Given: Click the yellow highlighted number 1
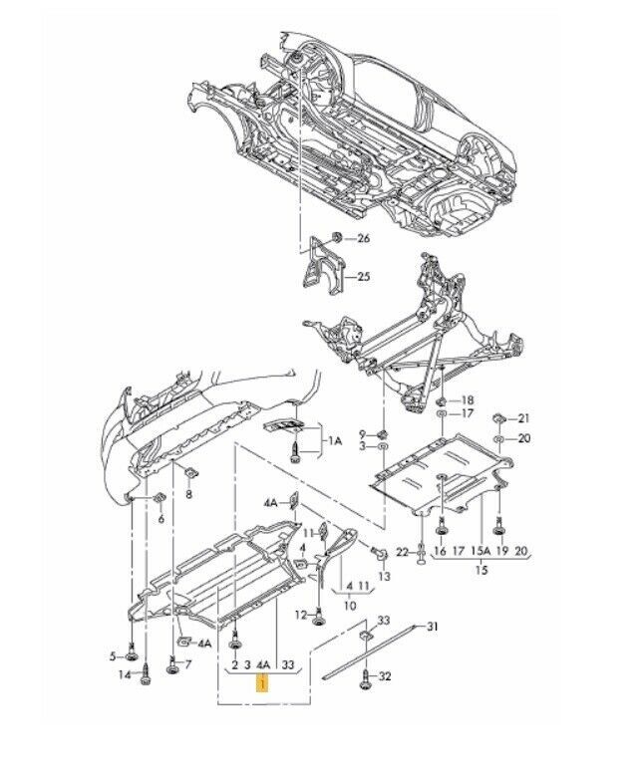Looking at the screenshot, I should point(261,684).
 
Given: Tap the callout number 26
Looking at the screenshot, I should point(363,239).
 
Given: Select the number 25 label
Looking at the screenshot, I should point(363,276).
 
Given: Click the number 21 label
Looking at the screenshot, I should point(524,417).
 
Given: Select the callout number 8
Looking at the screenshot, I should point(188,494).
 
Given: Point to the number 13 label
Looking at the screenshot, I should point(385,577).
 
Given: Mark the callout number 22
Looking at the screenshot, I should point(403,551).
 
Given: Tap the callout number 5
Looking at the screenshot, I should point(115,655).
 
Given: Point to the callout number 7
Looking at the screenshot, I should point(186,663).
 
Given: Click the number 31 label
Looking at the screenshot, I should point(432,627).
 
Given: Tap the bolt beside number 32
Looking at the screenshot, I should point(366,677).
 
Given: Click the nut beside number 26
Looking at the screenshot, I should point(338,237).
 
